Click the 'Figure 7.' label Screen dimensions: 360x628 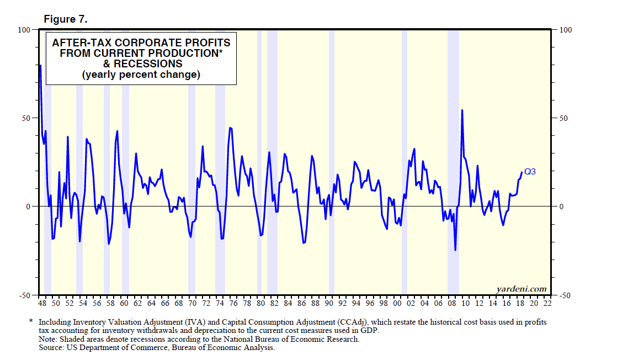[x=66, y=19]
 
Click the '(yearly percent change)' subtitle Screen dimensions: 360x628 [x=141, y=75]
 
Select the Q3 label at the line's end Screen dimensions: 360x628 [x=530, y=172]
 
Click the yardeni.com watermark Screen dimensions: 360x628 [x=521, y=289]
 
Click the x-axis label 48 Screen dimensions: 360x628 [x=42, y=303]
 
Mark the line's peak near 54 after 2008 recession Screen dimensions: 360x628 [x=462, y=110]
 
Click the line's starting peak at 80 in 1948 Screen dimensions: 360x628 [x=40, y=66]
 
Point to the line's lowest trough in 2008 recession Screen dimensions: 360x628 [x=455, y=250]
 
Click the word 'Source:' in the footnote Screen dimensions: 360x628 [x=52, y=348]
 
